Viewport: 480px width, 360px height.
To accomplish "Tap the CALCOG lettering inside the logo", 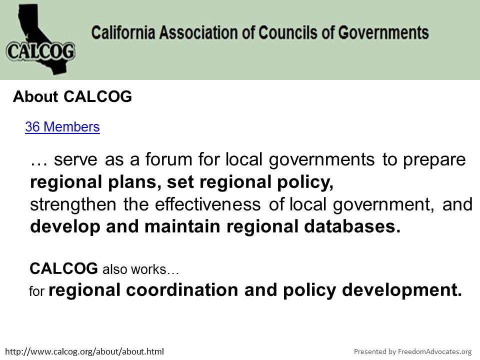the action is tap(40, 51).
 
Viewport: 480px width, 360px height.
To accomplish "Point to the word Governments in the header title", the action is tap(383, 32).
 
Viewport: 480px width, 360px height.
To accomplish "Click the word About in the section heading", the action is tap(35, 96).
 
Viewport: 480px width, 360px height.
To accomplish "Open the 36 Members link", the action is tap(62, 126).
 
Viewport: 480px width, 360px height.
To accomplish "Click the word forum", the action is tap(168, 159).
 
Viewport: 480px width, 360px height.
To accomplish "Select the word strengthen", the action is tap(73, 205).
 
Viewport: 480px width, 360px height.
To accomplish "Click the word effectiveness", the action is tap(208, 204).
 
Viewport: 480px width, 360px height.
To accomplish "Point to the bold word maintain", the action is tap(182, 226).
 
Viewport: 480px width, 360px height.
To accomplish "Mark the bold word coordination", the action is tap(182, 289).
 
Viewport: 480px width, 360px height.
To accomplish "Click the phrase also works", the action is tap(134, 269).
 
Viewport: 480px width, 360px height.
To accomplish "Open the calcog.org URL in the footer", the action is tap(84, 351).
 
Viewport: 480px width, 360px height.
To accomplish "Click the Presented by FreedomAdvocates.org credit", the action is tap(412, 351).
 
